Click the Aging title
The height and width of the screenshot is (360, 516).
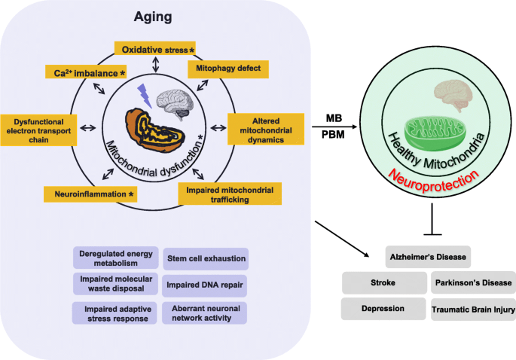[x=153, y=17]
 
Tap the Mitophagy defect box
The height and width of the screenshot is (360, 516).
[x=228, y=69]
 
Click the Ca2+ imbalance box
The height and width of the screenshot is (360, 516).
[x=86, y=72]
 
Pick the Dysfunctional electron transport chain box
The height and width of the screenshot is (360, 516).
[x=38, y=130]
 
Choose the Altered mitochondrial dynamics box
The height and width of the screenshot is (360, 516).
[x=266, y=130]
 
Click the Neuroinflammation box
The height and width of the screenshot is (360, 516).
[x=90, y=194]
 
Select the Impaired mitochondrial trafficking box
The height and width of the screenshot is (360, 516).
[x=230, y=194]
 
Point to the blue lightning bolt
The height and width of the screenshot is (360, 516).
[x=145, y=96]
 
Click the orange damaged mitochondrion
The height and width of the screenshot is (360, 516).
[x=153, y=130]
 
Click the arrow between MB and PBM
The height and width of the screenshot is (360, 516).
[x=334, y=127]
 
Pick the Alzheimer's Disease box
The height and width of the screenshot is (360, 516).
[x=428, y=257]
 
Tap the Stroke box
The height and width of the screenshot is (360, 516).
[x=384, y=282]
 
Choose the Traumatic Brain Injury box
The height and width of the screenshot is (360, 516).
[x=473, y=310]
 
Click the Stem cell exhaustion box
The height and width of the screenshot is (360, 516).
[x=206, y=258]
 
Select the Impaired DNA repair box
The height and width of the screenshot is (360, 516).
[x=204, y=285]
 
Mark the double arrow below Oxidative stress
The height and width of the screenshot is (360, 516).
[x=156, y=64]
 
